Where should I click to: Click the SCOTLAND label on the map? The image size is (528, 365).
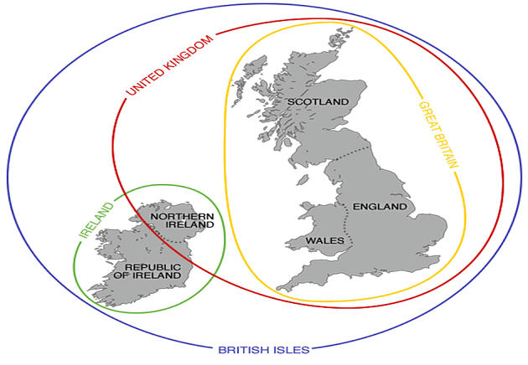pos(318,102)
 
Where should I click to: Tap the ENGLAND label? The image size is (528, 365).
pos(380,206)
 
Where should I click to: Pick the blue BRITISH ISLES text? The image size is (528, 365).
pos(264,349)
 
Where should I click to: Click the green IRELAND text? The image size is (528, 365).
pos(96,219)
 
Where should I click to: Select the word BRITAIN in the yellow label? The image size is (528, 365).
pos(445,152)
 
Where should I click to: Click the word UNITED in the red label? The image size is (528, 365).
pos(143,79)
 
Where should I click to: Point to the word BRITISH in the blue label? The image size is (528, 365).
pos(244,349)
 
